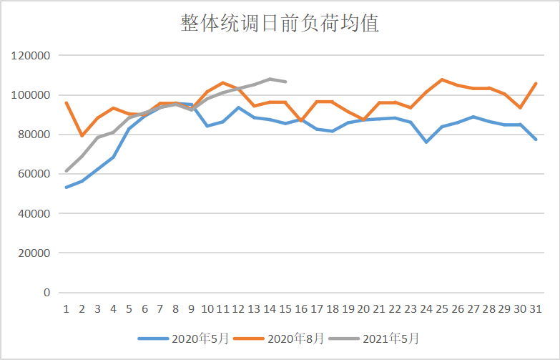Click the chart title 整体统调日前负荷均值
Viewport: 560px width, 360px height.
(280, 24)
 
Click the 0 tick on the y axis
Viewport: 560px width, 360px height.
(47, 293)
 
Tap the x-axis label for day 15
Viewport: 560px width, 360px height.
(285, 309)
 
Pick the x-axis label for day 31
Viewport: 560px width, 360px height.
(536, 309)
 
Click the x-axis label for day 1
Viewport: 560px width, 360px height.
(66, 309)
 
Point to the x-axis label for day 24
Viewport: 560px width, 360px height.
(426, 309)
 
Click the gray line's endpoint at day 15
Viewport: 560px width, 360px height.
(285, 82)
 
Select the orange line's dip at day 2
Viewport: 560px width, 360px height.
(82, 136)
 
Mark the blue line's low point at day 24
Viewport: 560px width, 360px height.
(426, 142)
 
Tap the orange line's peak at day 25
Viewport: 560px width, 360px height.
(442, 79)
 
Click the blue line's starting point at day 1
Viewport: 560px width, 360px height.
(66, 188)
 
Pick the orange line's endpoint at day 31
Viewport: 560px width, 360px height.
(536, 83)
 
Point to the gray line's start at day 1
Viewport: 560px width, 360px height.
(66, 171)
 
